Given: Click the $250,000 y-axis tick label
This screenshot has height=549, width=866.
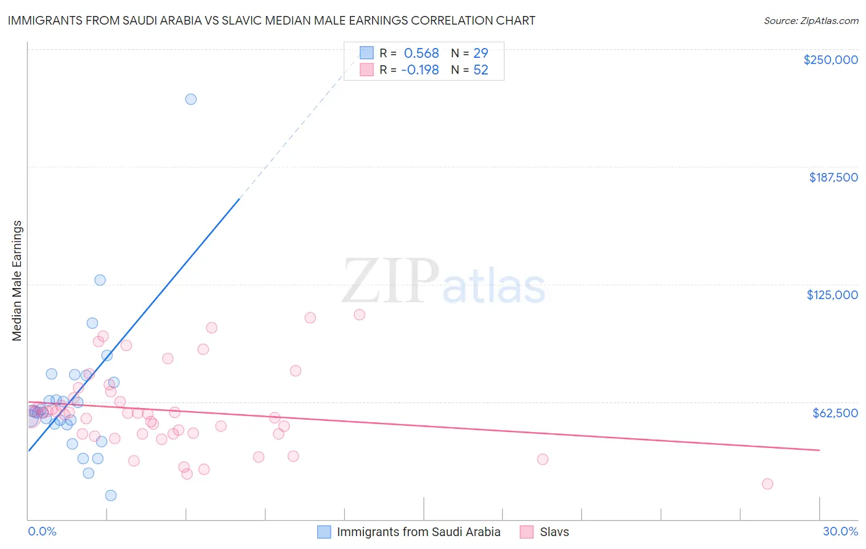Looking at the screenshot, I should click(830, 60).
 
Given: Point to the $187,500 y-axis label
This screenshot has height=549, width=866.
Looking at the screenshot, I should click(833, 177).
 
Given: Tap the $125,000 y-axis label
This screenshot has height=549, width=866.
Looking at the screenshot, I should click(832, 295).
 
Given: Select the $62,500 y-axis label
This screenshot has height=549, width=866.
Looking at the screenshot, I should click(835, 413).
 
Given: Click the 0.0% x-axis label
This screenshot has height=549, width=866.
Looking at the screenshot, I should click(42, 532).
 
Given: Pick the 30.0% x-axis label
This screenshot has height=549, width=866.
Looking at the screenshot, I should click(840, 532).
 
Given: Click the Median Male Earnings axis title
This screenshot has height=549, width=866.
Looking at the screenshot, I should click(17, 281).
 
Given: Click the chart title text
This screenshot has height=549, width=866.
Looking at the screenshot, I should click(272, 20).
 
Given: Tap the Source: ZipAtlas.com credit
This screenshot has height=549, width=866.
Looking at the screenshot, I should click(811, 20).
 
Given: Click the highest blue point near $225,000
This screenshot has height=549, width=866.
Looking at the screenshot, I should click(191, 99).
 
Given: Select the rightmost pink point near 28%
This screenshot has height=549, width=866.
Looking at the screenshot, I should click(767, 484).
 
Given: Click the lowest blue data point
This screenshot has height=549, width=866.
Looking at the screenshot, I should click(111, 495).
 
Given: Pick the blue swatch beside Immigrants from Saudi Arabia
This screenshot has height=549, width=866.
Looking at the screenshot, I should click(324, 532).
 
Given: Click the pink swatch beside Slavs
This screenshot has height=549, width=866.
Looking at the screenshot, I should click(527, 532).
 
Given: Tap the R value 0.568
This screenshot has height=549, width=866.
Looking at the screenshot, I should click(421, 54).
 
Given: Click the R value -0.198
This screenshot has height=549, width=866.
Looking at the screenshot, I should click(419, 70).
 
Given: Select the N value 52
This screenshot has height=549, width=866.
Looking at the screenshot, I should click(480, 70).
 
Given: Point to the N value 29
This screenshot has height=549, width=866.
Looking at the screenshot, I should click(480, 54).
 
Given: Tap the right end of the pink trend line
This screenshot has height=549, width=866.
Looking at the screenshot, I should click(819, 451).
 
